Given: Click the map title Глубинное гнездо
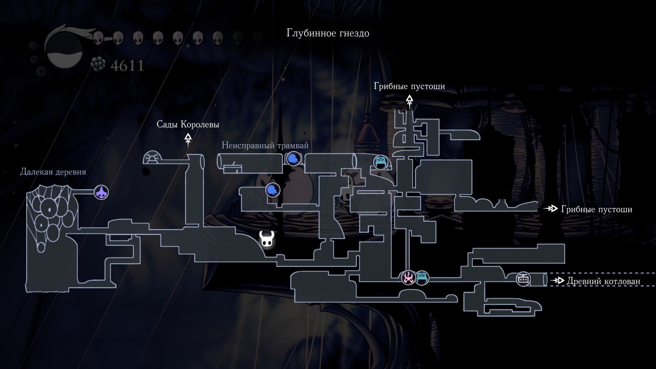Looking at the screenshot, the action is point(328,33).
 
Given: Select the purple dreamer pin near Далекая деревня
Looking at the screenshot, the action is point(101,193).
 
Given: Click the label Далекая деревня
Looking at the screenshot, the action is point(53,172).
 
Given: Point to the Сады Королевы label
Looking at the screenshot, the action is point(188,124).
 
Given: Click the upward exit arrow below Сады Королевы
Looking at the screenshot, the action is point(188,139).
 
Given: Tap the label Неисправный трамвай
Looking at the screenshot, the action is point(265,146).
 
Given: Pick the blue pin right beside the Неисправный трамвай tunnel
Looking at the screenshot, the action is point(293,159).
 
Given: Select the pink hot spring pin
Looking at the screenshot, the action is point(408,277).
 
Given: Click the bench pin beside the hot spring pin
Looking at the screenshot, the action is point(422,277).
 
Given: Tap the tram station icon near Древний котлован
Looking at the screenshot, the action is point(523,279).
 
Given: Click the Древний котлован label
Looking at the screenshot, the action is point(603,281).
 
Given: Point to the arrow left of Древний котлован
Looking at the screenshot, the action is point(557,281).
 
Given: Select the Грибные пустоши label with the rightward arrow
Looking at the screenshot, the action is point(596,209).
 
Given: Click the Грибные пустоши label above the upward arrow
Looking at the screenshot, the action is point(409,86).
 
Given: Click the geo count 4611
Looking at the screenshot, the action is point(127,66).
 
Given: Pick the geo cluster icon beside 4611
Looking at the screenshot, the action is point(99,65).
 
